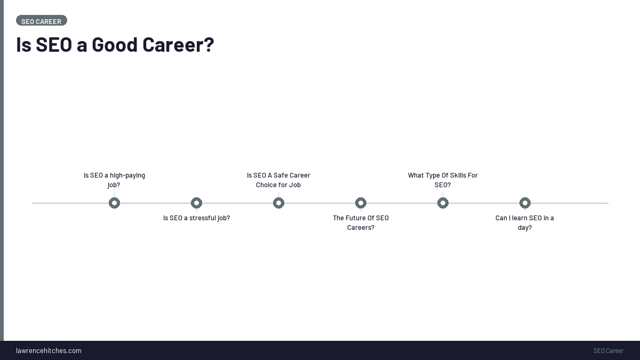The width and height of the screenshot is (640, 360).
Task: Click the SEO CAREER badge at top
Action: pyautogui.click(x=41, y=21)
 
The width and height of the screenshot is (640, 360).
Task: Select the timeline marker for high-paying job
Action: pyautogui.click(x=114, y=203)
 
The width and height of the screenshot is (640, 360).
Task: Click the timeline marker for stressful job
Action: pyautogui.click(x=196, y=203)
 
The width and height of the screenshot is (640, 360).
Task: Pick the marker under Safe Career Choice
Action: pyautogui.click(x=278, y=203)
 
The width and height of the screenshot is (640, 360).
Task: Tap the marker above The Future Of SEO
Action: pyautogui.click(x=361, y=203)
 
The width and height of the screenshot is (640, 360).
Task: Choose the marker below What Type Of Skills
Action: pyautogui.click(x=443, y=203)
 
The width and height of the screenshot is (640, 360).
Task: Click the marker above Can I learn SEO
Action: pyautogui.click(x=525, y=203)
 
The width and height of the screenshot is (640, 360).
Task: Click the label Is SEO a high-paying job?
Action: pyautogui.click(x=114, y=180)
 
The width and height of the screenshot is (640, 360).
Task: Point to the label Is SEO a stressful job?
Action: pyautogui.click(x=196, y=218)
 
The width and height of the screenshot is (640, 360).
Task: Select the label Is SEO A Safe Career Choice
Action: pyautogui.click(x=278, y=180)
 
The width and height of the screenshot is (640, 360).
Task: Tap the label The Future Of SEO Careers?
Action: pyautogui.click(x=361, y=222)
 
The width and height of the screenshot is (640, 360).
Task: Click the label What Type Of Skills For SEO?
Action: pyautogui.click(x=443, y=180)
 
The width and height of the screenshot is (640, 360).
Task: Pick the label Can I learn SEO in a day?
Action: pyautogui.click(x=525, y=222)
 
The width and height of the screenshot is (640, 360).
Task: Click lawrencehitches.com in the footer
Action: pyautogui.click(x=49, y=350)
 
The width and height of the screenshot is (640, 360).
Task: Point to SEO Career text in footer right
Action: pyautogui.click(x=608, y=350)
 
